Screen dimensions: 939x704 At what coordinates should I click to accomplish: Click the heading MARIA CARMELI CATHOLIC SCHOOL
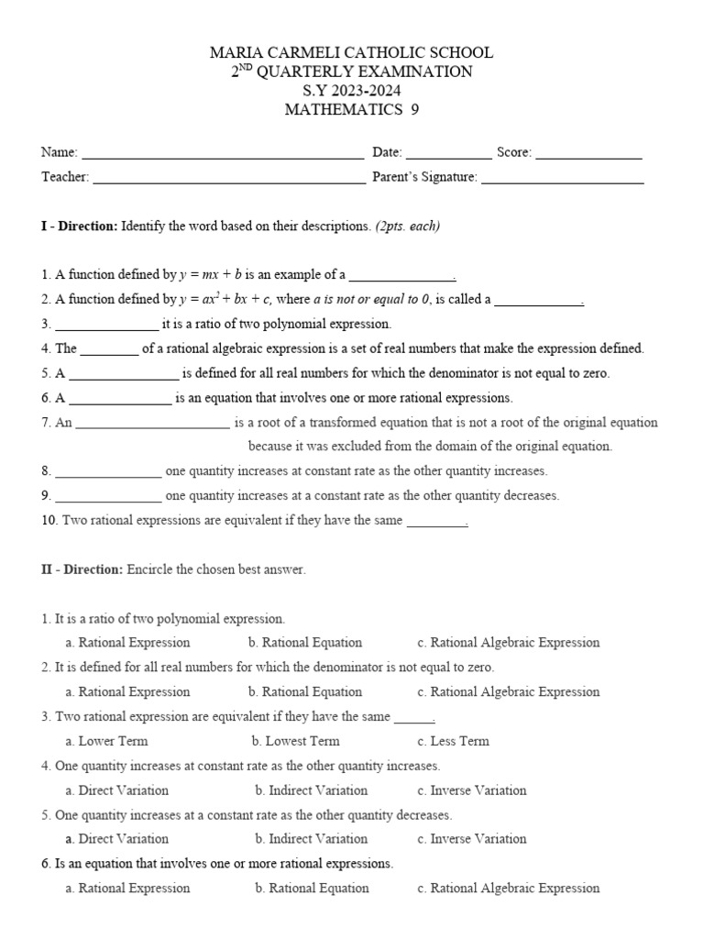coord(352,53)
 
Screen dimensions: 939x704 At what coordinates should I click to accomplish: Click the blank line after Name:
coord(223,153)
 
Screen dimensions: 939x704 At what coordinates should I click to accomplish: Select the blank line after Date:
coord(448,153)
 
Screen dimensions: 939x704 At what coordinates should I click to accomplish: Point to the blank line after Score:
coord(588,153)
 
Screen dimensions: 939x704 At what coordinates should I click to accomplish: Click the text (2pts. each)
coord(407,226)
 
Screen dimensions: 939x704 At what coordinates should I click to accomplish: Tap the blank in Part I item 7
coord(153,424)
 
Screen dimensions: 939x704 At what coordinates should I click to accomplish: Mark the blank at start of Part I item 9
coord(108,496)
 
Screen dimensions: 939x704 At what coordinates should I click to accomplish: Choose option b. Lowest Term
coord(295,741)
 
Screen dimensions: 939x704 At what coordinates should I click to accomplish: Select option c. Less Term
coord(453,741)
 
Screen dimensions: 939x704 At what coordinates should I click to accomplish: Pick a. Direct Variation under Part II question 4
coord(117,790)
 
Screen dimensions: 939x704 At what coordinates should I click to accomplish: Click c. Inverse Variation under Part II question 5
coord(471,838)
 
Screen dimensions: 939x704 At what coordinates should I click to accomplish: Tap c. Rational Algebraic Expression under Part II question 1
coord(508,643)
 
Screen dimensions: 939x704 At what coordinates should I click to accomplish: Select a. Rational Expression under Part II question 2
coord(128,691)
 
